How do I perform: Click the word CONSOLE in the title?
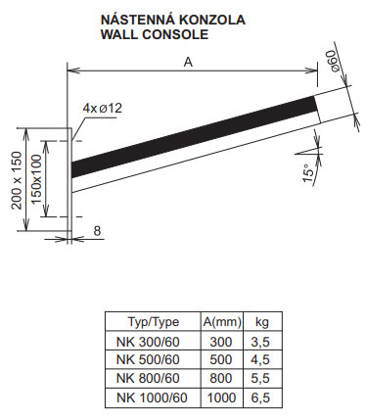(175, 34)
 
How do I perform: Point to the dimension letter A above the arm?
(188, 62)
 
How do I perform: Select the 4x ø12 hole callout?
(103, 108)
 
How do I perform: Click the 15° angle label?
(308, 172)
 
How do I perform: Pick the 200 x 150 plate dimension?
(18, 180)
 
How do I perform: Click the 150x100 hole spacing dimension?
(37, 179)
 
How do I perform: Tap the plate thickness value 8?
(97, 231)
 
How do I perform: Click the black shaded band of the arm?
(194, 137)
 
